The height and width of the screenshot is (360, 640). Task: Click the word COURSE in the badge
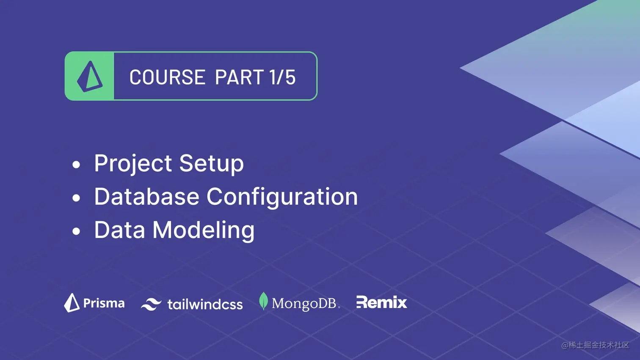[x=167, y=77]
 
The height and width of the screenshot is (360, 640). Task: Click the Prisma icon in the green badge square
[x=90, y=77]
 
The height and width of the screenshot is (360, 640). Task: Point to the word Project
[x=133, y=164]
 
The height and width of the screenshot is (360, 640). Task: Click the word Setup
[x=211, y=164]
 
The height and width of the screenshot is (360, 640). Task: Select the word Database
[x=146, y=197]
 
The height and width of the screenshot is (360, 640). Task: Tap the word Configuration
[x=282, y=197]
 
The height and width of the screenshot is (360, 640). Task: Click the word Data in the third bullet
[x=119, y=230]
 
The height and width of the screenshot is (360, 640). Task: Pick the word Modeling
[x=203, y=231]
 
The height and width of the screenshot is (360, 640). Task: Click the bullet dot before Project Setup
[x=76, y=165]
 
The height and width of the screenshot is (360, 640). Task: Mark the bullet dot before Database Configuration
[x=76, y=198]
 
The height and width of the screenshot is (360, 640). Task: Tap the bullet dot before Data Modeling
[x=76, y=231]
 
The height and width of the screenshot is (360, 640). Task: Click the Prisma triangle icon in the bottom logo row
[x=72, y=303]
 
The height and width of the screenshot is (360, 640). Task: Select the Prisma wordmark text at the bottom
[x=104, y=303]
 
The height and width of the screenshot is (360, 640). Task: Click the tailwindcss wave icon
[x=151, y=304]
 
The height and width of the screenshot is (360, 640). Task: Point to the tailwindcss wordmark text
[x=205, y=304]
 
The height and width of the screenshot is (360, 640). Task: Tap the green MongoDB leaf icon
[x=263, y=301]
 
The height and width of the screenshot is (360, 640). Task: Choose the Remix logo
[x=381, y=302]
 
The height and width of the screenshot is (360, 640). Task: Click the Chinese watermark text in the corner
[x=595, y=345]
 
